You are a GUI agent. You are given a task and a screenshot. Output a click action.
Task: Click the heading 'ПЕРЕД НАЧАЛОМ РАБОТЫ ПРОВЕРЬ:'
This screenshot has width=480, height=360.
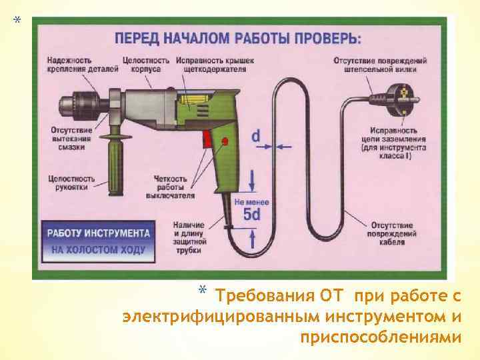point(238,37)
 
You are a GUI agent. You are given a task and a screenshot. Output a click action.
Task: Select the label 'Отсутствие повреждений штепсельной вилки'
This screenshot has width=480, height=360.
point(376,64)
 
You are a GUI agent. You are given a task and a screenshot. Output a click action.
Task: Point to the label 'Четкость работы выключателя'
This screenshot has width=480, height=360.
point(173,187)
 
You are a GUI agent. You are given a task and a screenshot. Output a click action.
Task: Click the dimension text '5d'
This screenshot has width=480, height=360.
point(251,215)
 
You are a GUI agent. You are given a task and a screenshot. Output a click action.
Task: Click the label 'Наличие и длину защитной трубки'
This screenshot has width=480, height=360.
point(189,235)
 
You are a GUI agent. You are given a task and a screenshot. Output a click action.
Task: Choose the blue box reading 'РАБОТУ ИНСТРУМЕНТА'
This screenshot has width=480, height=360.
point(97,234)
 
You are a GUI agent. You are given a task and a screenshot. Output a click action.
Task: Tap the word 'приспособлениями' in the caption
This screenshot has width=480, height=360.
point(380,337)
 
